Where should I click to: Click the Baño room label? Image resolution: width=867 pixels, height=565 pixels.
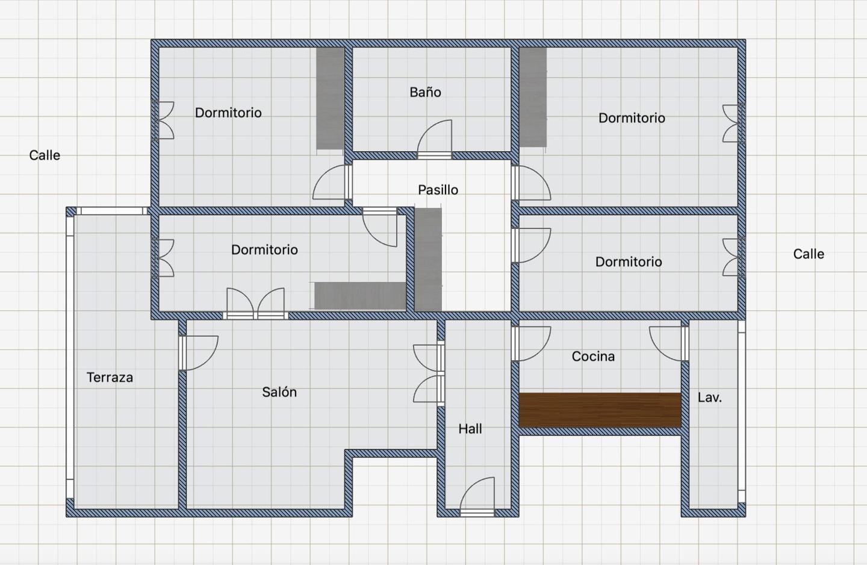click(425, 92)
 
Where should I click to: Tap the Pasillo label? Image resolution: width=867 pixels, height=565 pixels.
click(438, 190)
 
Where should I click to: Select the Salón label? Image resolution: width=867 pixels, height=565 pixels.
click(279, 392)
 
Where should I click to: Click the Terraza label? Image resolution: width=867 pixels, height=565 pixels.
click(110, 377)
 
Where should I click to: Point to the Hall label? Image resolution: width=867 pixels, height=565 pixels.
click(470, 429)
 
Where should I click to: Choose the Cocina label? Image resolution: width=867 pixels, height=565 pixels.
click(594, 356)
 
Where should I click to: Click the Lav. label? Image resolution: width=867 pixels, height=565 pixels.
click(710, 398)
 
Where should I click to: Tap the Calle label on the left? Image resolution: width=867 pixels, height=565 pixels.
click(45, 155)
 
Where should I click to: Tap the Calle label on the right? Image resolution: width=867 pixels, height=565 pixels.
click(809, 254)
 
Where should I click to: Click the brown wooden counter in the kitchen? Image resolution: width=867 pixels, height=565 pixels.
click(600, 410)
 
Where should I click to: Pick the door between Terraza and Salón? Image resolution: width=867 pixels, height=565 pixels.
click(198, 353)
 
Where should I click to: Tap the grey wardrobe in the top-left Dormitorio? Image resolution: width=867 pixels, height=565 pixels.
click(330, 98)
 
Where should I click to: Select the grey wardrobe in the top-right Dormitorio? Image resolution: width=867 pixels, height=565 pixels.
click(533, 97)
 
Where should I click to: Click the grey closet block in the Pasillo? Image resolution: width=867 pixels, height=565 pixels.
click(428, 260)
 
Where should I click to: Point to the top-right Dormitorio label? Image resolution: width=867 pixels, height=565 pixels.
click(632, 117)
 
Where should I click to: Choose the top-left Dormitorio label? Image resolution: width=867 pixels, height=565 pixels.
click(228, 113)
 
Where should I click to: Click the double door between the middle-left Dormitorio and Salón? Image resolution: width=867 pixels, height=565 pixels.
click(255, 304)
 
